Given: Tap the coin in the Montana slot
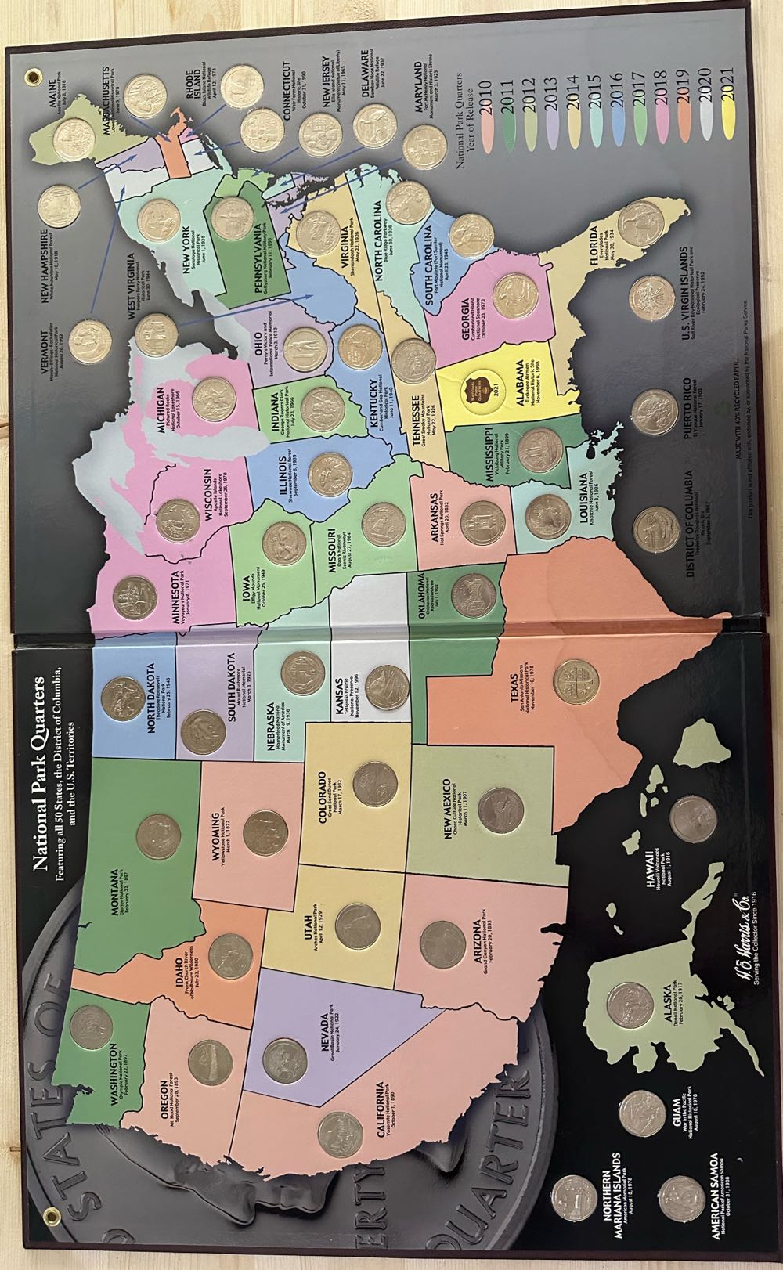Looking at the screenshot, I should click(x=159, y=837).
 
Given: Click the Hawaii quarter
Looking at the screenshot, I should click(x=693, y=820).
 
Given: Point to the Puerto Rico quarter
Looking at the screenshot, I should click(x=654, y=413).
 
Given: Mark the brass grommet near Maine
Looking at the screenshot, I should click(x=33, y=78).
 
